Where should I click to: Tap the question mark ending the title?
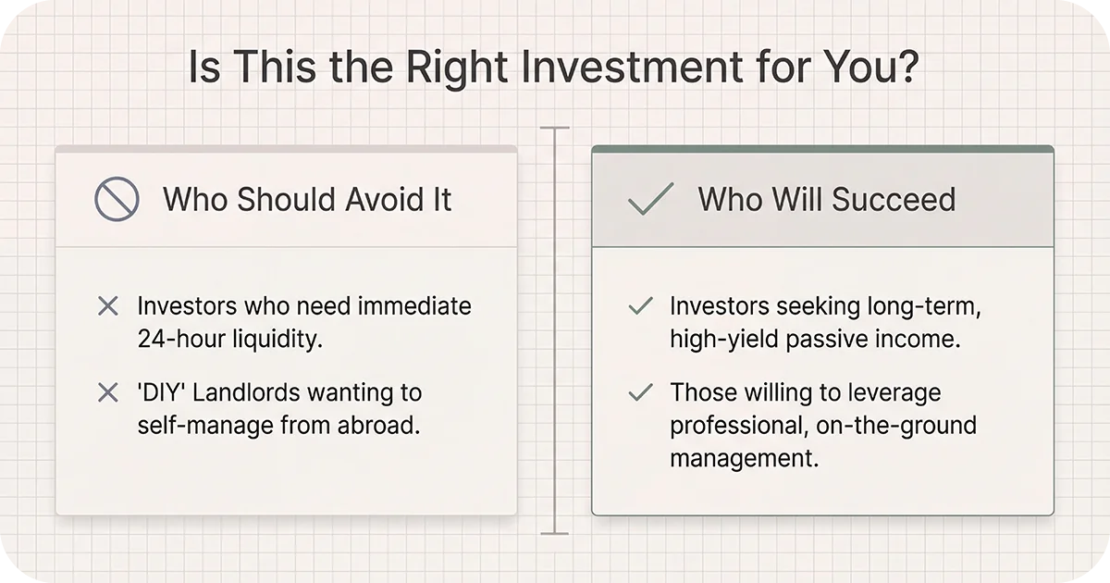(906, 70)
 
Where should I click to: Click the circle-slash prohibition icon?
(117, 199)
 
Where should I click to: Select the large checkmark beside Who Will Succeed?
(650, 199)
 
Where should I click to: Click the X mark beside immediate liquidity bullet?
(107, 306)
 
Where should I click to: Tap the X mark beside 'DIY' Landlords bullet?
(107, 393)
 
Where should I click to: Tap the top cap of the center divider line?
(554, 129)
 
